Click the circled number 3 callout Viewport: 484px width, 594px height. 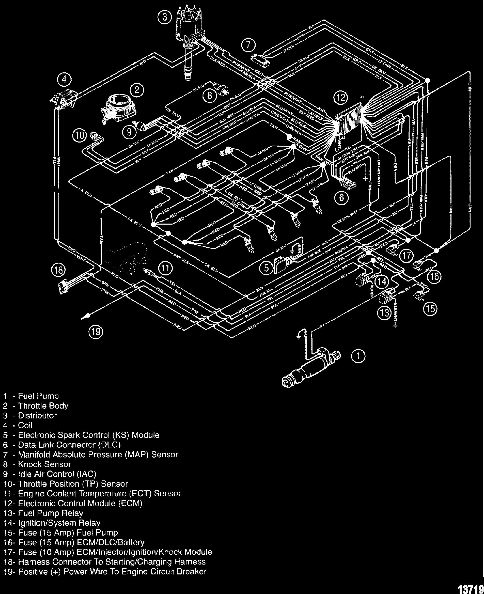[x=165, y=18]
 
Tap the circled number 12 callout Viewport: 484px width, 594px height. [x=341, y=98]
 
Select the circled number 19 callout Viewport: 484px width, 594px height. [x=96, y=332]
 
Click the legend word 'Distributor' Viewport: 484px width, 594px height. [x=37, y=416]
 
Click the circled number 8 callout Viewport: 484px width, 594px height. [x=210, y=96]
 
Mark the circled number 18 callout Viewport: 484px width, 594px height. [x=58, y=270]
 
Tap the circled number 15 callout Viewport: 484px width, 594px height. [x=430, y=309]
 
